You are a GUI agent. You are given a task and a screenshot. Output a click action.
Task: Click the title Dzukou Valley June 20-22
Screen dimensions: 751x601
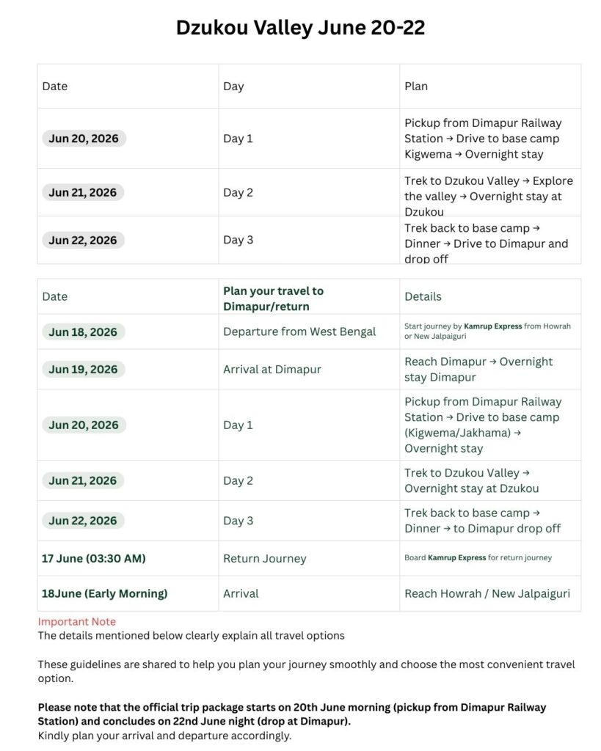(300, 28)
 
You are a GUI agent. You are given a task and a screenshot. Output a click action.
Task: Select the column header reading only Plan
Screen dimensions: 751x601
(416, 86)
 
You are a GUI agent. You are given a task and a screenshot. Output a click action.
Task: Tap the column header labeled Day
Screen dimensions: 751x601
(233, 86)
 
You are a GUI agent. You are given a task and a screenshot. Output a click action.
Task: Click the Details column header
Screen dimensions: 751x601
(423, 296)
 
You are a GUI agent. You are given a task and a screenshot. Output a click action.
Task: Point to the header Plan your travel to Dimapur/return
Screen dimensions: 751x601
(273, 298)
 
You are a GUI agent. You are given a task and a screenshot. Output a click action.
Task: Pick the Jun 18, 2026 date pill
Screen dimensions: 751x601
(83, 331)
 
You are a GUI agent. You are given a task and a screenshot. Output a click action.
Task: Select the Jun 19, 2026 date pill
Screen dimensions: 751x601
(83, 369)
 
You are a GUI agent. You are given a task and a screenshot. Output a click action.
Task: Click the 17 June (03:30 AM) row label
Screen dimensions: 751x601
(93, 558)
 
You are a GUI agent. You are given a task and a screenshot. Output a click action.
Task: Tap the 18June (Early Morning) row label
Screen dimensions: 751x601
(104, 593)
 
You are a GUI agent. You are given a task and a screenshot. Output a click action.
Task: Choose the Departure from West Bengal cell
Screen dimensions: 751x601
(299, 331)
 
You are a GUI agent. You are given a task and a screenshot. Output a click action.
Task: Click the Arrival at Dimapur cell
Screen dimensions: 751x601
(272, 369)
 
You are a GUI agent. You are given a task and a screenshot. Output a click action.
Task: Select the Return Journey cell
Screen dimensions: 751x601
(265, 558)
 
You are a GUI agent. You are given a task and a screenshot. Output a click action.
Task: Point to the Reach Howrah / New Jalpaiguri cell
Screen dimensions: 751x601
(487, 593)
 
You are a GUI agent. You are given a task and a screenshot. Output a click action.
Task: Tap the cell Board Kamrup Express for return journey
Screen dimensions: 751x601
(478, 558)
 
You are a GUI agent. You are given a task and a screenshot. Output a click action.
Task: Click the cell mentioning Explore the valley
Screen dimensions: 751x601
(489, 196)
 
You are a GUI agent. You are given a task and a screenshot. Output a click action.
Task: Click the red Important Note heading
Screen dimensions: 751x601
(77, 622)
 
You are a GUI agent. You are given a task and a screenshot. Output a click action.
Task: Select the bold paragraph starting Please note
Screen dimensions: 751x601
(292, 714)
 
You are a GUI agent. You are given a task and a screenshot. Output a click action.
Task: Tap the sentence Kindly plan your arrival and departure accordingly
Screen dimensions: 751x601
(164, 736)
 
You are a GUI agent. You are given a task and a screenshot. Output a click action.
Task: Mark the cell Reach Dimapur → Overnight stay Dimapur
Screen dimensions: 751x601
(478, 369)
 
